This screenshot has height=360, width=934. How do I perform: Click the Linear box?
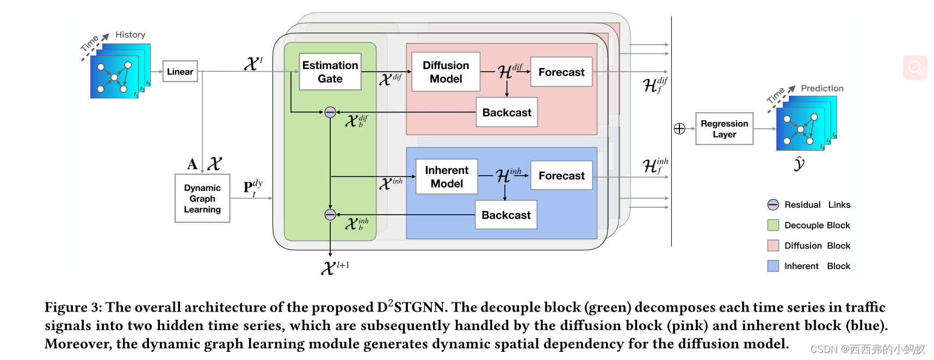click(x=180, y=71)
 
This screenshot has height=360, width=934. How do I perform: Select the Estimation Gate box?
click(x=330, y=72)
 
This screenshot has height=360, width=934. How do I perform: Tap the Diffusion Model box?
click(x=446, y=72)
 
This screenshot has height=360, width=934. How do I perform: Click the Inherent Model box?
click(x=447, y=177)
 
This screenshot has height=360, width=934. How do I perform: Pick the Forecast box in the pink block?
click(x=561, y=72)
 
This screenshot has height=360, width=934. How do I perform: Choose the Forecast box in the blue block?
click(x=561, y=175)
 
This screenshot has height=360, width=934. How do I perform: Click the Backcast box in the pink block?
click(x=506, y=112)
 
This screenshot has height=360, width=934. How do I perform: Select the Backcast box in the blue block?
click(x=506, y=215)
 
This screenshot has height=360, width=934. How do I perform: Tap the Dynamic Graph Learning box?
click(x=202, y=198)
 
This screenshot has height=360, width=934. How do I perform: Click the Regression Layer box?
click(x=724, y=129)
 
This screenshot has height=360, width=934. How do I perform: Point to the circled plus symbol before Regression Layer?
click(x=679, y=129)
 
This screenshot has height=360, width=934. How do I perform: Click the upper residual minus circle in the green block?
click(x=330, y=112)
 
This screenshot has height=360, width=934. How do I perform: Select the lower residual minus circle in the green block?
click(x=330, y=214)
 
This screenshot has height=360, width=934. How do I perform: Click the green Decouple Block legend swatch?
click(x=773, y=225)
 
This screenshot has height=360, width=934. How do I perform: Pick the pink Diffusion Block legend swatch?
click(x=773, y=245)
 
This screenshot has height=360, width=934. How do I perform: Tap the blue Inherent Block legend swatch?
click(x=773, y=266)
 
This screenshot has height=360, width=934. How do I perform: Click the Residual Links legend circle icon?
click(x=773, y=204)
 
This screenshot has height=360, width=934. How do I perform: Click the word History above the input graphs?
click(x=130, y=35)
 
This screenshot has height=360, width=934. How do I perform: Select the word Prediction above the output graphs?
click(x=821, y=88)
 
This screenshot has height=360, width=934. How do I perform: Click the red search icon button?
click(x=915, y=68)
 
